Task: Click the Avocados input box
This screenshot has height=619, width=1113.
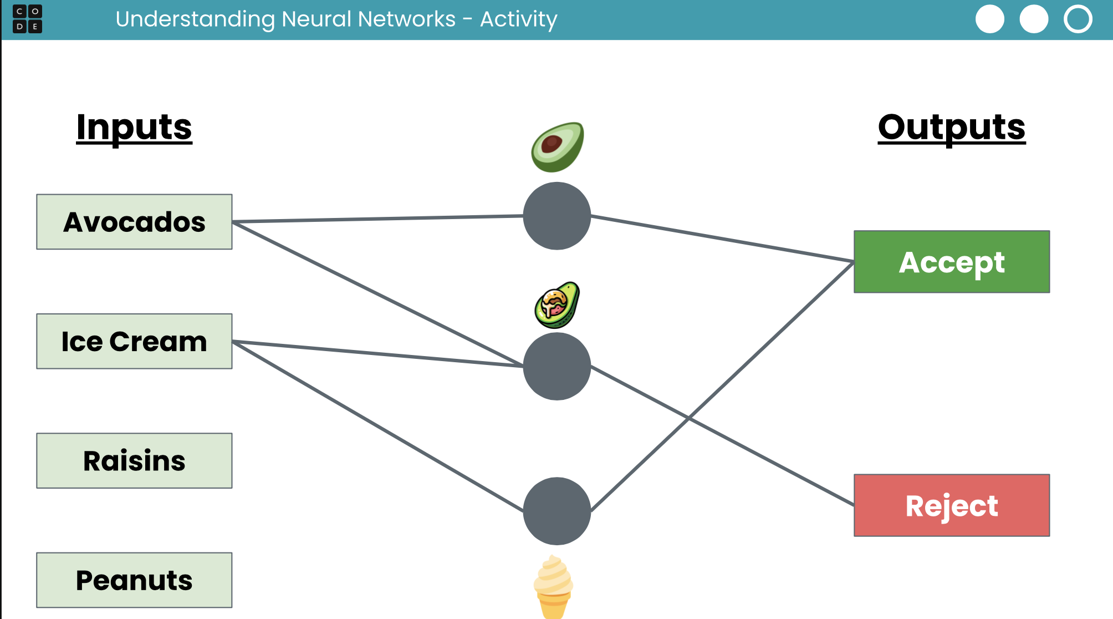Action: click(x=134, y=222)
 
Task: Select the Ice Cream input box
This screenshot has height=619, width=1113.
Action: click(x=134, y=341)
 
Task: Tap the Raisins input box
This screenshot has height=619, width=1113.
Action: click(x=134, y=460)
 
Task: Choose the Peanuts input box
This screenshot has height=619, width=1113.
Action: click(x=134, y=580)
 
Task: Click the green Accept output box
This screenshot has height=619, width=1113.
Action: click(x=951, y=262)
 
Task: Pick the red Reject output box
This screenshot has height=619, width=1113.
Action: click(x=951, y=505)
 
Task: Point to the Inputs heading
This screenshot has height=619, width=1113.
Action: click(x=134, y=127)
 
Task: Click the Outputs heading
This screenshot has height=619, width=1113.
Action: click(x=951, y=127)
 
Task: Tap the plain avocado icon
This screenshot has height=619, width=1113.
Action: click(x=557, y=147)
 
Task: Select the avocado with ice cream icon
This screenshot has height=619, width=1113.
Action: click(x=556, y=305)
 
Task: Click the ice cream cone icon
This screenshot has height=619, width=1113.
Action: click(x=553, y=587)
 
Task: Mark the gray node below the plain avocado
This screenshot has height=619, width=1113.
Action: click(x=556, y=216)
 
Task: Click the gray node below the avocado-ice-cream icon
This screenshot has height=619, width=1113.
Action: click(x=556, y=366)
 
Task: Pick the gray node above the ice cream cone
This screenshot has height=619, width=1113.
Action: click(x=556, y=511)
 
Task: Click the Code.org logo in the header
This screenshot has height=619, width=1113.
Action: click(x=27, y=19)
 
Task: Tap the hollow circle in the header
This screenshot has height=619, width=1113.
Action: click(x=1078, y=19)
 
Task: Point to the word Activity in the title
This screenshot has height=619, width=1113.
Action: click(x=518, y=19)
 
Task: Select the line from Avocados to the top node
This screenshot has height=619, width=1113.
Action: click(x=377, y=219)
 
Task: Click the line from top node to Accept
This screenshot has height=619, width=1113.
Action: click(x=721, y=239)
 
